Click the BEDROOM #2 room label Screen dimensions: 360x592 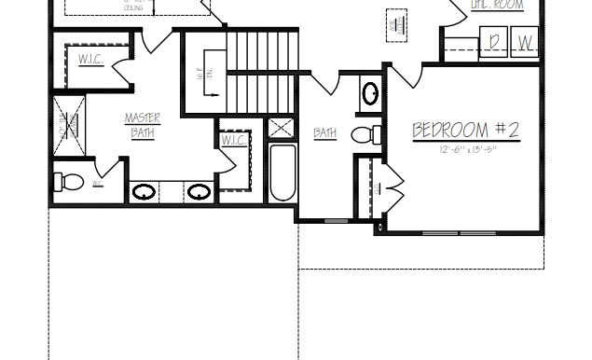[x=466, y=130]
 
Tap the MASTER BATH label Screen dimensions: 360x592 [x=142, y=125]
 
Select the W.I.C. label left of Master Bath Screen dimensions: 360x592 [x=90, y=60]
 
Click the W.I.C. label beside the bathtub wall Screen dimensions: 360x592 [x=233, y=141]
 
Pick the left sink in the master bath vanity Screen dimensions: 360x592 [x=144, y=193]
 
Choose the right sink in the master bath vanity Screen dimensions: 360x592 [x=198, y=193]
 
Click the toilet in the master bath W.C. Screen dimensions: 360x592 [x=67, y=180]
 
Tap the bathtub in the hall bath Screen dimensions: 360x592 [x=282, y=172]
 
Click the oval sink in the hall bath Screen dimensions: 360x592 [x=370, y=94]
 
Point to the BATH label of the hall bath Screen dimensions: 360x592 [x=324, y=133]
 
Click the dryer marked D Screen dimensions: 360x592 [x=494, y=42]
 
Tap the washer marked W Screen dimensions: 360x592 [x=526, y=42]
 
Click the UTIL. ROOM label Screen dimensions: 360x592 [x=497, y=6]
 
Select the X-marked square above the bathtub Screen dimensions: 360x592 [x=282, y=129]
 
